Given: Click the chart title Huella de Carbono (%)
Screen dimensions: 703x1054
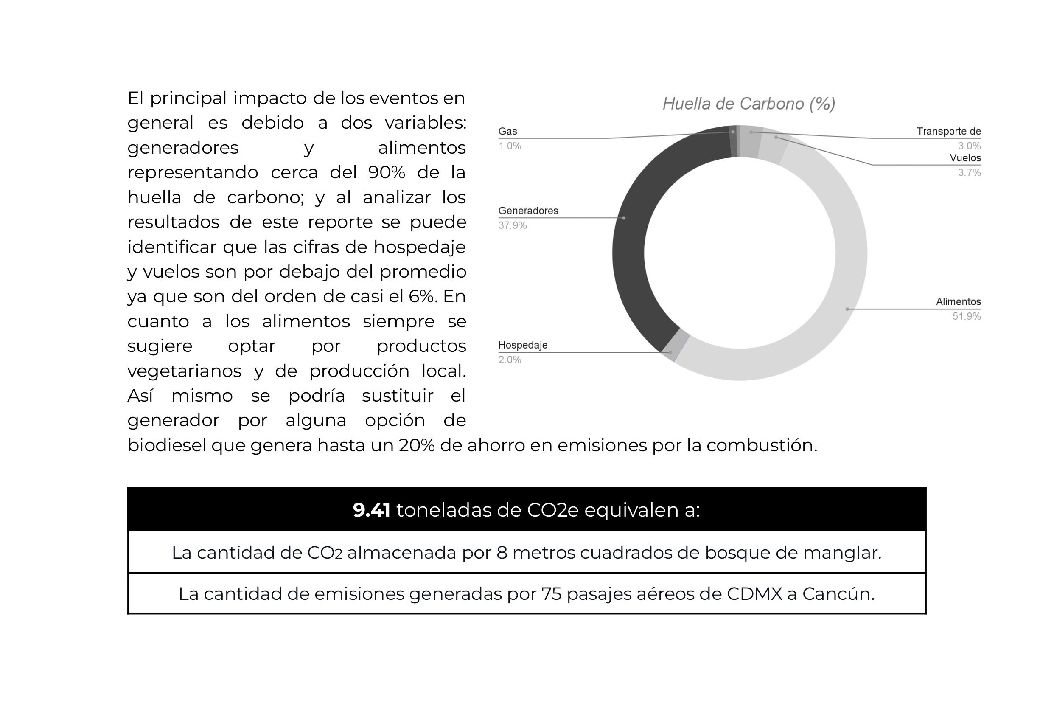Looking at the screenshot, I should tap(748, 104).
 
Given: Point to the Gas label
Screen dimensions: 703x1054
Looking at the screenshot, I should tap(507, 131).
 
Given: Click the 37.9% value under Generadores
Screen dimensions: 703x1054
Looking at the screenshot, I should tap(512, 225).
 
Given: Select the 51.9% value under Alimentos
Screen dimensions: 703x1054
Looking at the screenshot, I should tap(966, 317).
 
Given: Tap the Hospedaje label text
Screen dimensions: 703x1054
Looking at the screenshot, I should tap(522, 345).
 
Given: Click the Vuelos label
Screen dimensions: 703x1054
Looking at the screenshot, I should tap(965, 158).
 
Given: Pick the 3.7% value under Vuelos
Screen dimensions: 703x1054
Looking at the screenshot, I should tap(969, 173).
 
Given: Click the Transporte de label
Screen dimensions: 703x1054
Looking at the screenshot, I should tap(948, 131).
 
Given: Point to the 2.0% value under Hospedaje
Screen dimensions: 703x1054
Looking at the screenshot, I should tap(510, 360).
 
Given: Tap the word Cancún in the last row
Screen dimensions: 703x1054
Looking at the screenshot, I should tap(838, 594).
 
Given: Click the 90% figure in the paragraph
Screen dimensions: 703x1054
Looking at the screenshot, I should tap(386, 173).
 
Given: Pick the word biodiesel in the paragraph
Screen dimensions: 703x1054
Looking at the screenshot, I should tap(166, 445).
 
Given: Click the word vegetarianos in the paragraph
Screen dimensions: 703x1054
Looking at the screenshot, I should tap(184, 371).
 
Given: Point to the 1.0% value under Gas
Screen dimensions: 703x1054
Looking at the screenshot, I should tap(510, 146).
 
